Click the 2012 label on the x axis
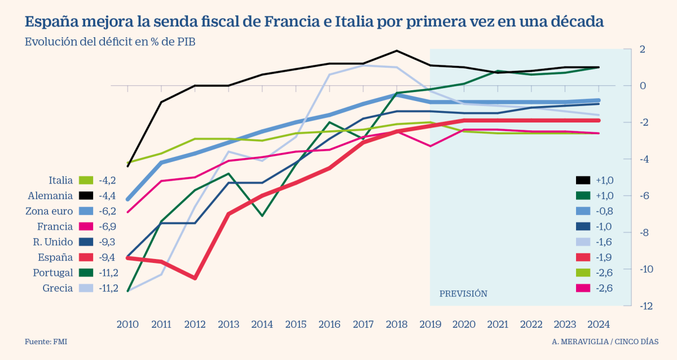click(195, 324)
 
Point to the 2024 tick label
click(599, 324)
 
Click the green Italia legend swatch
click(86, 181)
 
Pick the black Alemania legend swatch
click(86, 196)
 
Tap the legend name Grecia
click(58, 288)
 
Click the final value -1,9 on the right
click(604, 257)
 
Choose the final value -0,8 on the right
click(604, 211)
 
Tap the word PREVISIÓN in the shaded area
click(463, 294)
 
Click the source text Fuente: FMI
click(41, 342)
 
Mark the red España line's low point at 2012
click(195, 278)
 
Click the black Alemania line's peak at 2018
click(397, 51)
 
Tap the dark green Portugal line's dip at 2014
click(262, 216)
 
